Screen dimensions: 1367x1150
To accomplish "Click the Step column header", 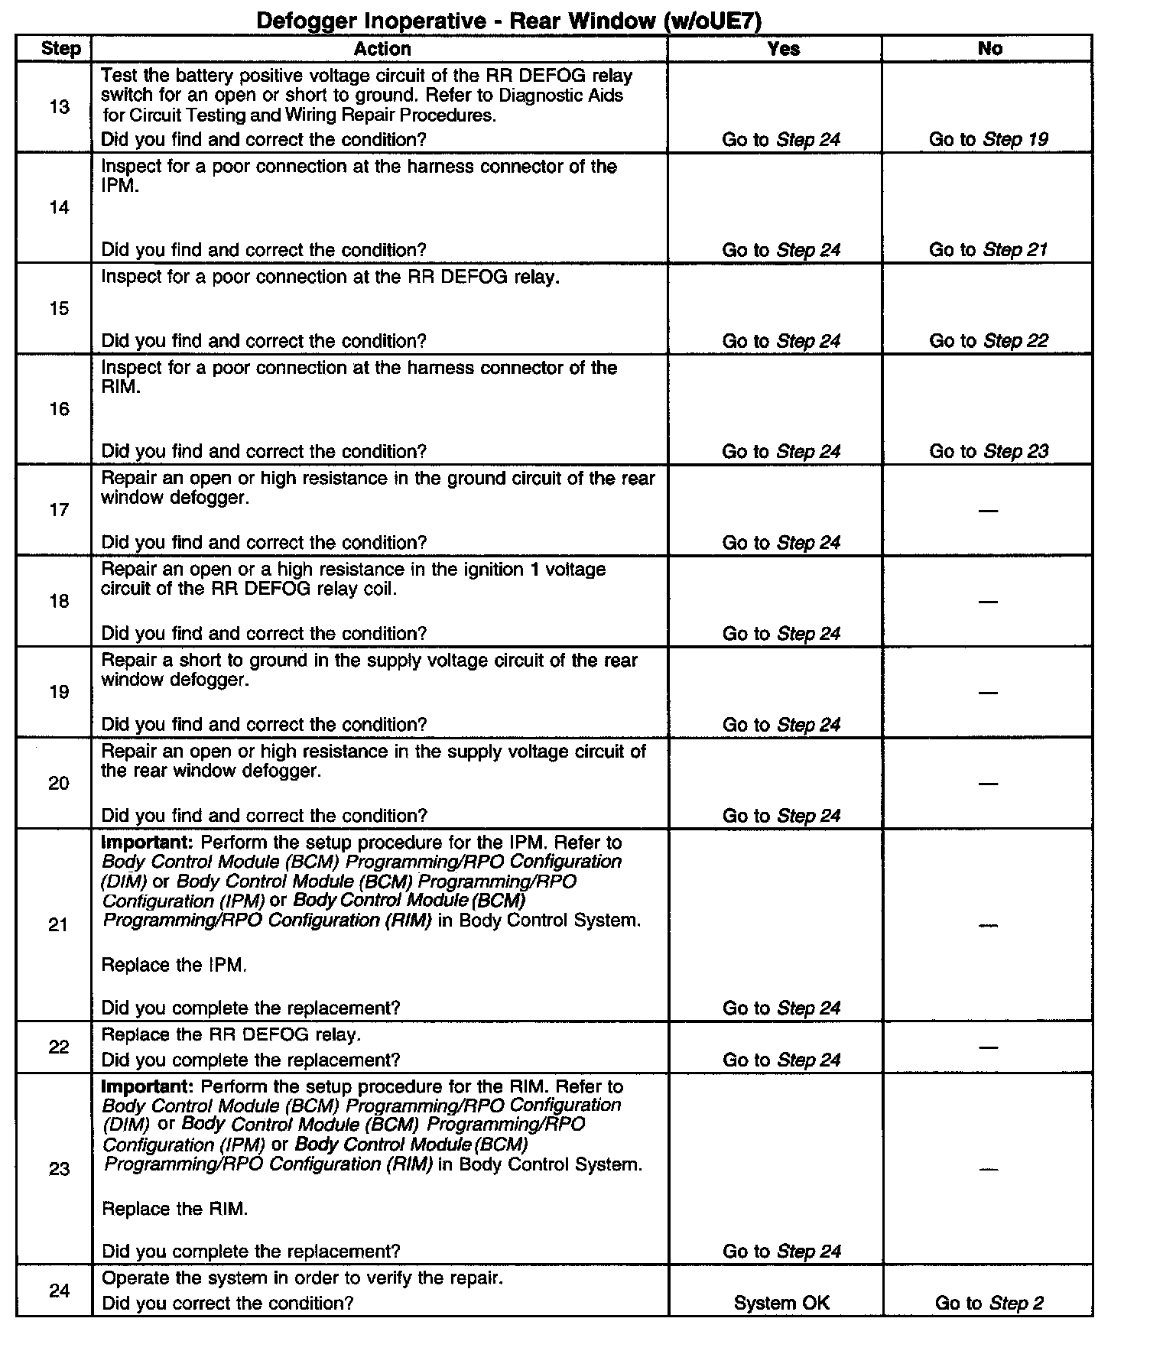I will pos(60,49).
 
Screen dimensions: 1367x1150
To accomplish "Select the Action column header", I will pos(382,49).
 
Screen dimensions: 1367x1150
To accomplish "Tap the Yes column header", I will pos(783,49).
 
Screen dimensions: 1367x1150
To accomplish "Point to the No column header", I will pos(989,49).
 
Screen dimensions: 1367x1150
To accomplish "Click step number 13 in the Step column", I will pos(59,107).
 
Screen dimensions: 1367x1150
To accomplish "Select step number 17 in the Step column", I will pos(59,510).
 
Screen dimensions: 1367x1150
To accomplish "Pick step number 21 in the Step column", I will pos(59,925).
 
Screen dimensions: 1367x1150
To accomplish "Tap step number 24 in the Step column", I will pos(59,1291).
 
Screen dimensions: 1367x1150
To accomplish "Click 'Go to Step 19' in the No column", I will pos(988,139).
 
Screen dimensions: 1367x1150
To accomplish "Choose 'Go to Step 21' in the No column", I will pos(988,250).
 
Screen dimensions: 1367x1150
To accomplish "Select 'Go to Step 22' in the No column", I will pos(988,341).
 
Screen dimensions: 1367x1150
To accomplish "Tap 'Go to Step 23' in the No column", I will pos(988,451).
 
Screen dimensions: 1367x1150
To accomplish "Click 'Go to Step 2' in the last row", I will pos(989,1304).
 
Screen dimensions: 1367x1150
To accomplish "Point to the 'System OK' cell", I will pos(781,1304).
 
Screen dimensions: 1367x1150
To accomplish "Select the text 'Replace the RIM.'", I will pos(174,1209).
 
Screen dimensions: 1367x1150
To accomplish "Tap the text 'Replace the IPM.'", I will pos(174,965).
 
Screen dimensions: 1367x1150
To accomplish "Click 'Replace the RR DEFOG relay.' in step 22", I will pos(231,1035).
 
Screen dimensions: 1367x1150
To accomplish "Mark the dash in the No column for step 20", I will pos(988,784).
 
